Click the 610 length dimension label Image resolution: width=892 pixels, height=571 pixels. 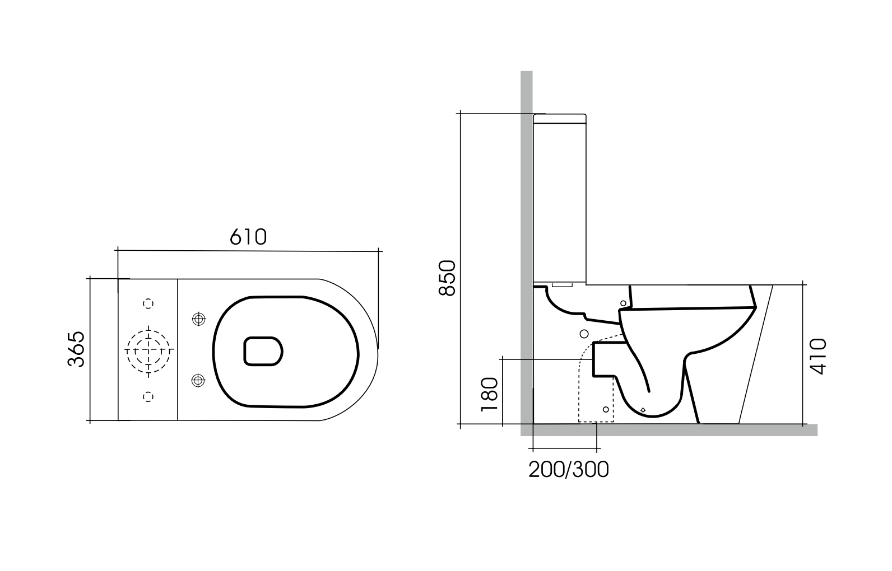pyautogui.click(x=248, y=237)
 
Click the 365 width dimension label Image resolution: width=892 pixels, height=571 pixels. pyautogui.click(x=76, y=349)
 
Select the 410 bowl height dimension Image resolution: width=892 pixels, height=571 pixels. pyautogui.click(x=819, y=355)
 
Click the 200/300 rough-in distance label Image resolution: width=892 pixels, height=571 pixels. pyautogui.click(x=568, y=470)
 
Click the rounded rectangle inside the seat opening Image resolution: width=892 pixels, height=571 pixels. pyautogui.click(x=263, y=352)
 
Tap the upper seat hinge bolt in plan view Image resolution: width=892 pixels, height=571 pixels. pyautogui.click(x=198, y=319)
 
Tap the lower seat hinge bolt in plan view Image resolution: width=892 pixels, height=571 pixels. pyautogui.click(x=198, y=381)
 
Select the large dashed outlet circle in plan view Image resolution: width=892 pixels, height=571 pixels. pyautogui.click(x=148, y=350)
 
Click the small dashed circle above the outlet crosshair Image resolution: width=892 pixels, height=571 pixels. pyautogui.click(x=148, y=303)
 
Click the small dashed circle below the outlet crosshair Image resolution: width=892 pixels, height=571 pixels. pyautogui.click(x=148, y=396)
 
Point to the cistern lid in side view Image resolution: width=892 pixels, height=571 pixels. pyautogui.click(x=560, y=119)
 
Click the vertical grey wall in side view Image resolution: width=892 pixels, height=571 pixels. pyautogui.click(x=526, y=224)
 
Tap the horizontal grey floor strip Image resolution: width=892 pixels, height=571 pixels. pyautogui.click(x=672, y=430)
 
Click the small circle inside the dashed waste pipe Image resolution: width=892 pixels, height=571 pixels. pyautogui.click(x=606, y=410)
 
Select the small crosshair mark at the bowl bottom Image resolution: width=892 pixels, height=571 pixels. pyautogui.click(x=643, y=410)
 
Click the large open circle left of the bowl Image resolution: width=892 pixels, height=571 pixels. pyautogui.click(x=584, y=334)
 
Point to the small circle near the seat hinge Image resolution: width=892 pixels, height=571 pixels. pyautogui.click(x=623, y=303)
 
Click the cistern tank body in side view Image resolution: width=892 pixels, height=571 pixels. pyautogui.click(x=560, y=202)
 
